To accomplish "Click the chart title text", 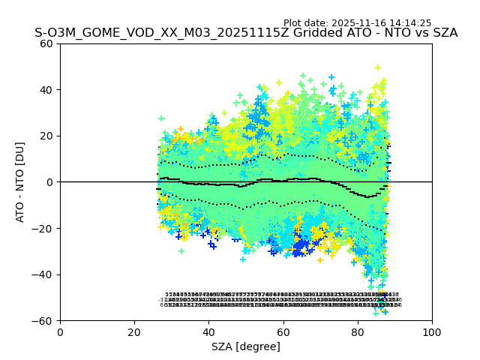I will coord(246,33).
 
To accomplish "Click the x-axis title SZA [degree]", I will coord(246,346).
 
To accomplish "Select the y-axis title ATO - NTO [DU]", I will coord(21,181).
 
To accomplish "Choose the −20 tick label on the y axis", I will coord(44,228).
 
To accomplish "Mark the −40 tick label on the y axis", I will coord(44,274).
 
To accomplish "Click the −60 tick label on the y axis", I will coord(44,320).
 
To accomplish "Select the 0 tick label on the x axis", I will coord(60,331).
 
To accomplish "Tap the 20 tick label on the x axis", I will coord(134,331).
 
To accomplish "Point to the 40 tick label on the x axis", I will coord(208,331).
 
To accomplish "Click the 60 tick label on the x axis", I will coord(283,331).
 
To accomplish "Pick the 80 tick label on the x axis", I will coord(358,331).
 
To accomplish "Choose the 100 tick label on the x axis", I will coord(432,331).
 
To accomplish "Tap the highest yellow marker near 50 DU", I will coord(378,67).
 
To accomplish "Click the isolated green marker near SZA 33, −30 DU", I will coord(181,251).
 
